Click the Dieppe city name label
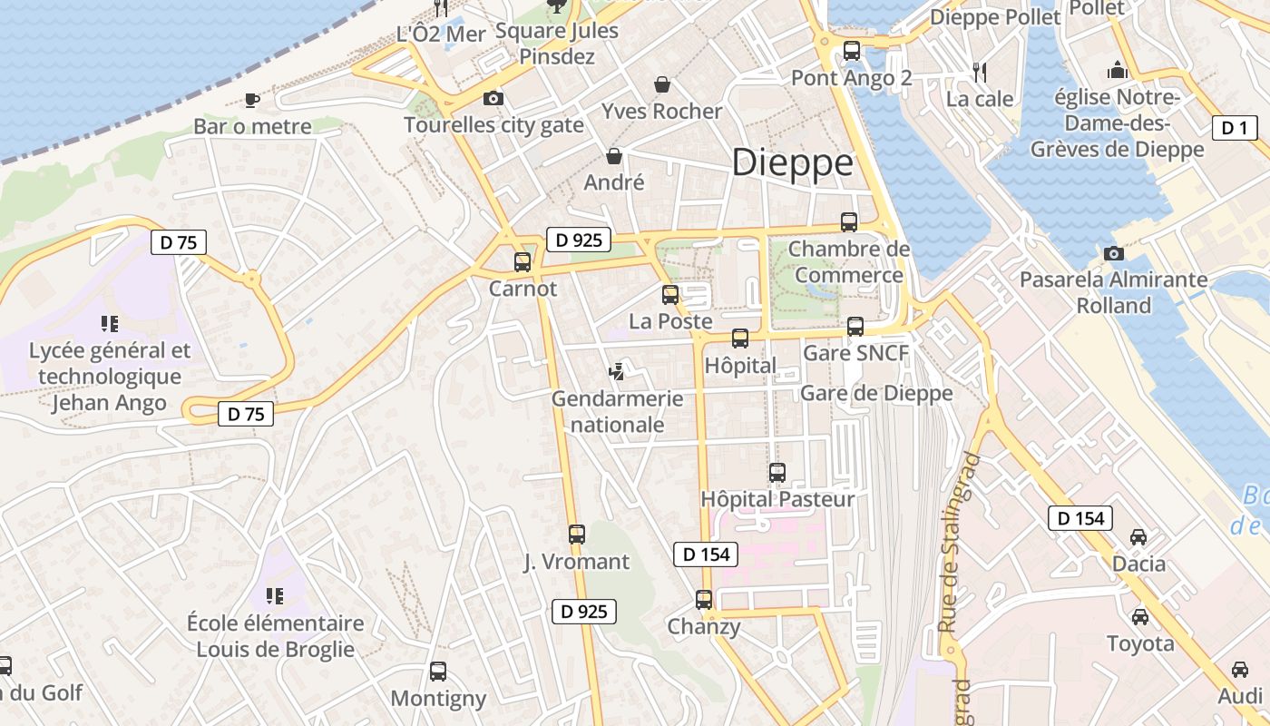click(x=792, y=163)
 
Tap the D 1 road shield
click(x=1235, y=128)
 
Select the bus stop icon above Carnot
click(x=523, y=262)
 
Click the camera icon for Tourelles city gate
click(x=493, y=98)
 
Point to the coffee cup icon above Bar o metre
click(x=252, y=100)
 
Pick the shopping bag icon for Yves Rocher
click(x=663, y=84)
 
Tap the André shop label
click(x=614, y=181)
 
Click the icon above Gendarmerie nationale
click(x=617, y=371)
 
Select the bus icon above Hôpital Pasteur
click(x=777, y=472)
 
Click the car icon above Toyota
click(x=1140, y=617)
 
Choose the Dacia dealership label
click(x=1138, y=564)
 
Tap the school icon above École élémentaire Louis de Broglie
click(x=275, y=596)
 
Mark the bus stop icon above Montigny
click(x=438, y=672)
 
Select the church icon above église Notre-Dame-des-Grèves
click(x=1118, y=70)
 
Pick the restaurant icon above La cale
click(x=979, y=71)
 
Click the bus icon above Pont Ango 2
click(x=851, y=51)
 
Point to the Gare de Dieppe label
click(x=875, y=393)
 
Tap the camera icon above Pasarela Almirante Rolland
click(x=1114, y=253)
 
